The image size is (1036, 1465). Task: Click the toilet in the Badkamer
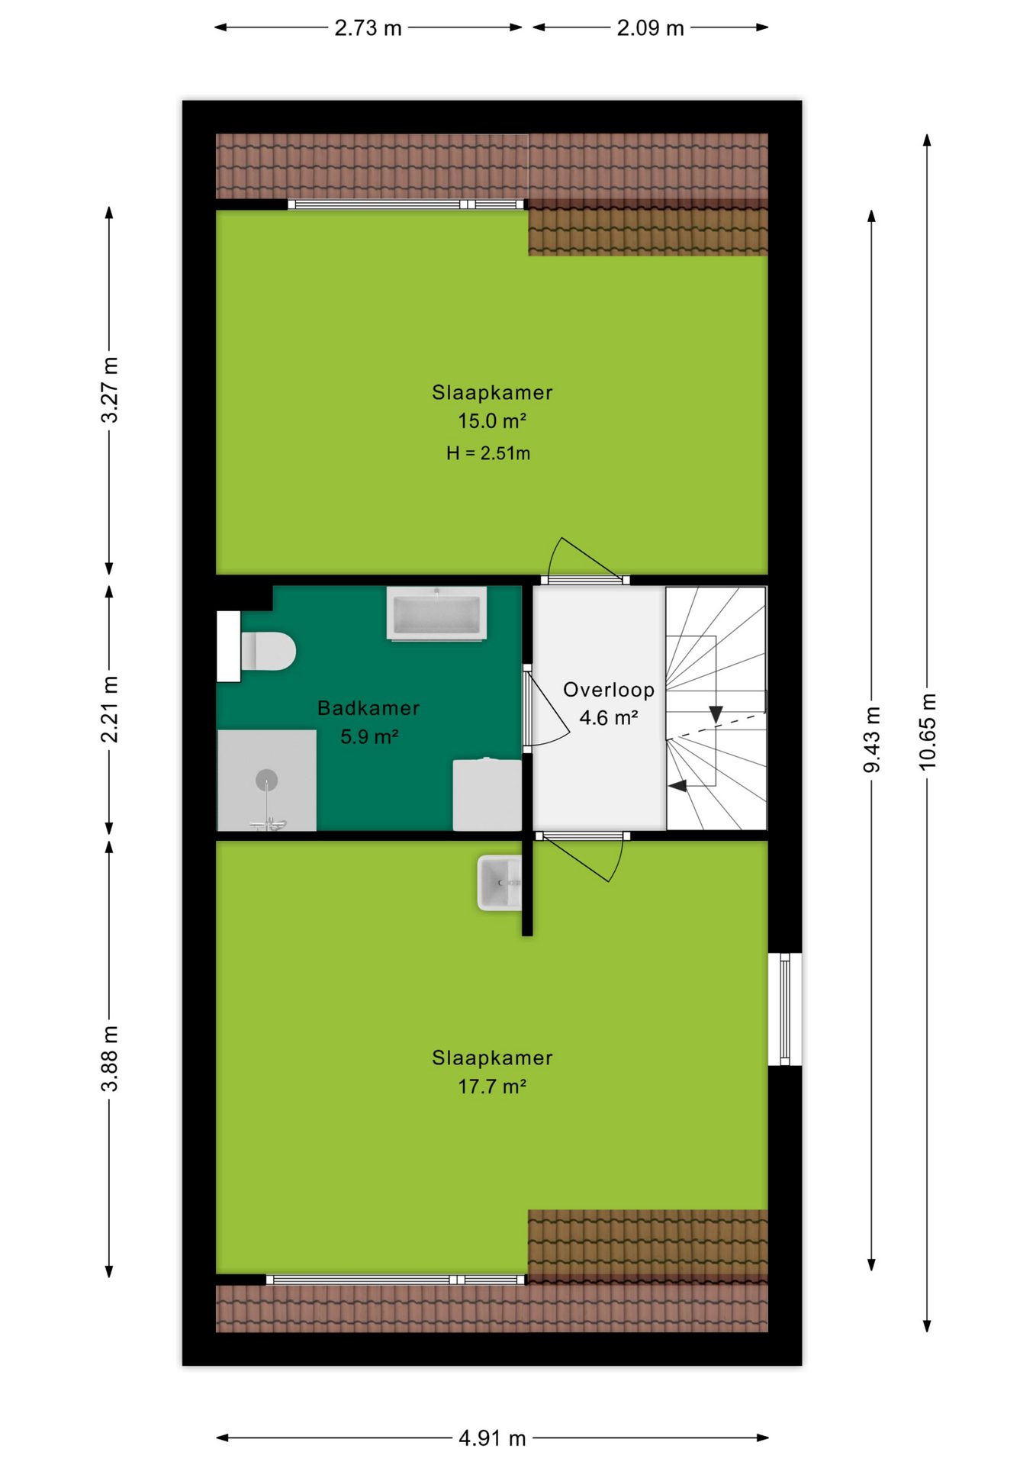click(x=267, y=651)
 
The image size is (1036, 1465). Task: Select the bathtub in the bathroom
click(x=436, y=613)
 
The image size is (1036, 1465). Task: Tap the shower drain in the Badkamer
click(x=266, y=780)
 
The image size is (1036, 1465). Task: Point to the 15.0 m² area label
click(x=492, y=420)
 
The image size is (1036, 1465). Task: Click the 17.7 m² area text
click(x=492, y=1086)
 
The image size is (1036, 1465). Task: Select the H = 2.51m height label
click(x=488, y=453)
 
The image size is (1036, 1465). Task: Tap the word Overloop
click(x=609, y=690)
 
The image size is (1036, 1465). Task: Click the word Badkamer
click(x=368, y=708)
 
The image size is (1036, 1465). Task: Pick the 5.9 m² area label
click(x=369, y=736)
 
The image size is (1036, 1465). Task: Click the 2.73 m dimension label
click(x=368, y=28)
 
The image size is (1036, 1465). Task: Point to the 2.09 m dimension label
click(x=650, y=28)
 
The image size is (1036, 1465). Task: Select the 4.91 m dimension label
click(x=492, y=1438)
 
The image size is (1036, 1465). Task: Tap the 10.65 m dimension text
click(x=927, y=732)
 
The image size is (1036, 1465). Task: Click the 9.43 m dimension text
click(x=872, y=739)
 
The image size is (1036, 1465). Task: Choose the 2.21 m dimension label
click(x=110, y=709)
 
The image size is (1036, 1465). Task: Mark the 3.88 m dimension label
click(x=110, y=1058)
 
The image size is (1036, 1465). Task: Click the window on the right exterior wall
click(x=785, y=1009)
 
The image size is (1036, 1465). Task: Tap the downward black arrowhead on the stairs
click(x=716, y=714)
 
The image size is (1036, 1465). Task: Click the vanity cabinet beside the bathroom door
click(x=487, y=794)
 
